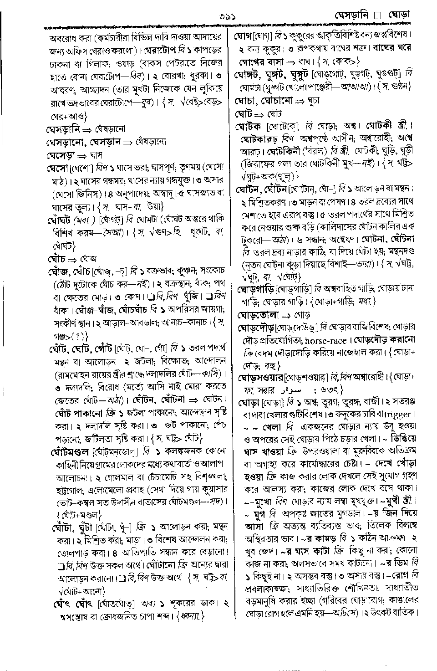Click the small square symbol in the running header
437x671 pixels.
(x=376, y=16)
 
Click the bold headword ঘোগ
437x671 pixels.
(x=242, y=35)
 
